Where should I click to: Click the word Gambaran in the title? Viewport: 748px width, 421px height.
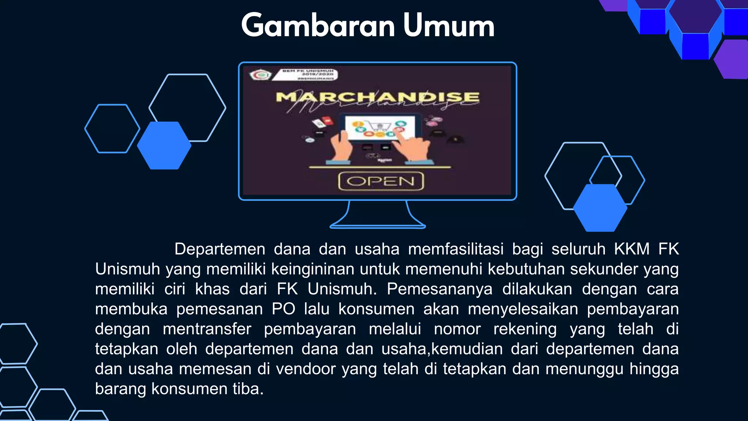point(318,26)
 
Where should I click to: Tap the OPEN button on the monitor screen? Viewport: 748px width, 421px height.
point(381,181)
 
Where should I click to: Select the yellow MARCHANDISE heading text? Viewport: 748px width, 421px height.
point(377,97)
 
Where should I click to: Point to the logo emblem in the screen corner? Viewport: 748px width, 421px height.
point(260,75)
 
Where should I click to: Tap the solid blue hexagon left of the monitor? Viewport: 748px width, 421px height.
point(164,145)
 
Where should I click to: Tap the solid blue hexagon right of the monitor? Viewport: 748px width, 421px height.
point(600,208)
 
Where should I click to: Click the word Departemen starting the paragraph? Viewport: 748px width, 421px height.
point(220,249)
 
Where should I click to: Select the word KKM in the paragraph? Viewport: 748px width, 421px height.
point(631,249)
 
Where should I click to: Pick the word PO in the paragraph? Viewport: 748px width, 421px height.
point(283,309)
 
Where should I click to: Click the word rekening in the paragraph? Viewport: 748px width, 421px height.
point(525,329)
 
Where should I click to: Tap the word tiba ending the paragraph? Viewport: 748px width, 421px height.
point(248,389)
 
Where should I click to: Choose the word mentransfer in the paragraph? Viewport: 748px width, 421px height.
point(207,329)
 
